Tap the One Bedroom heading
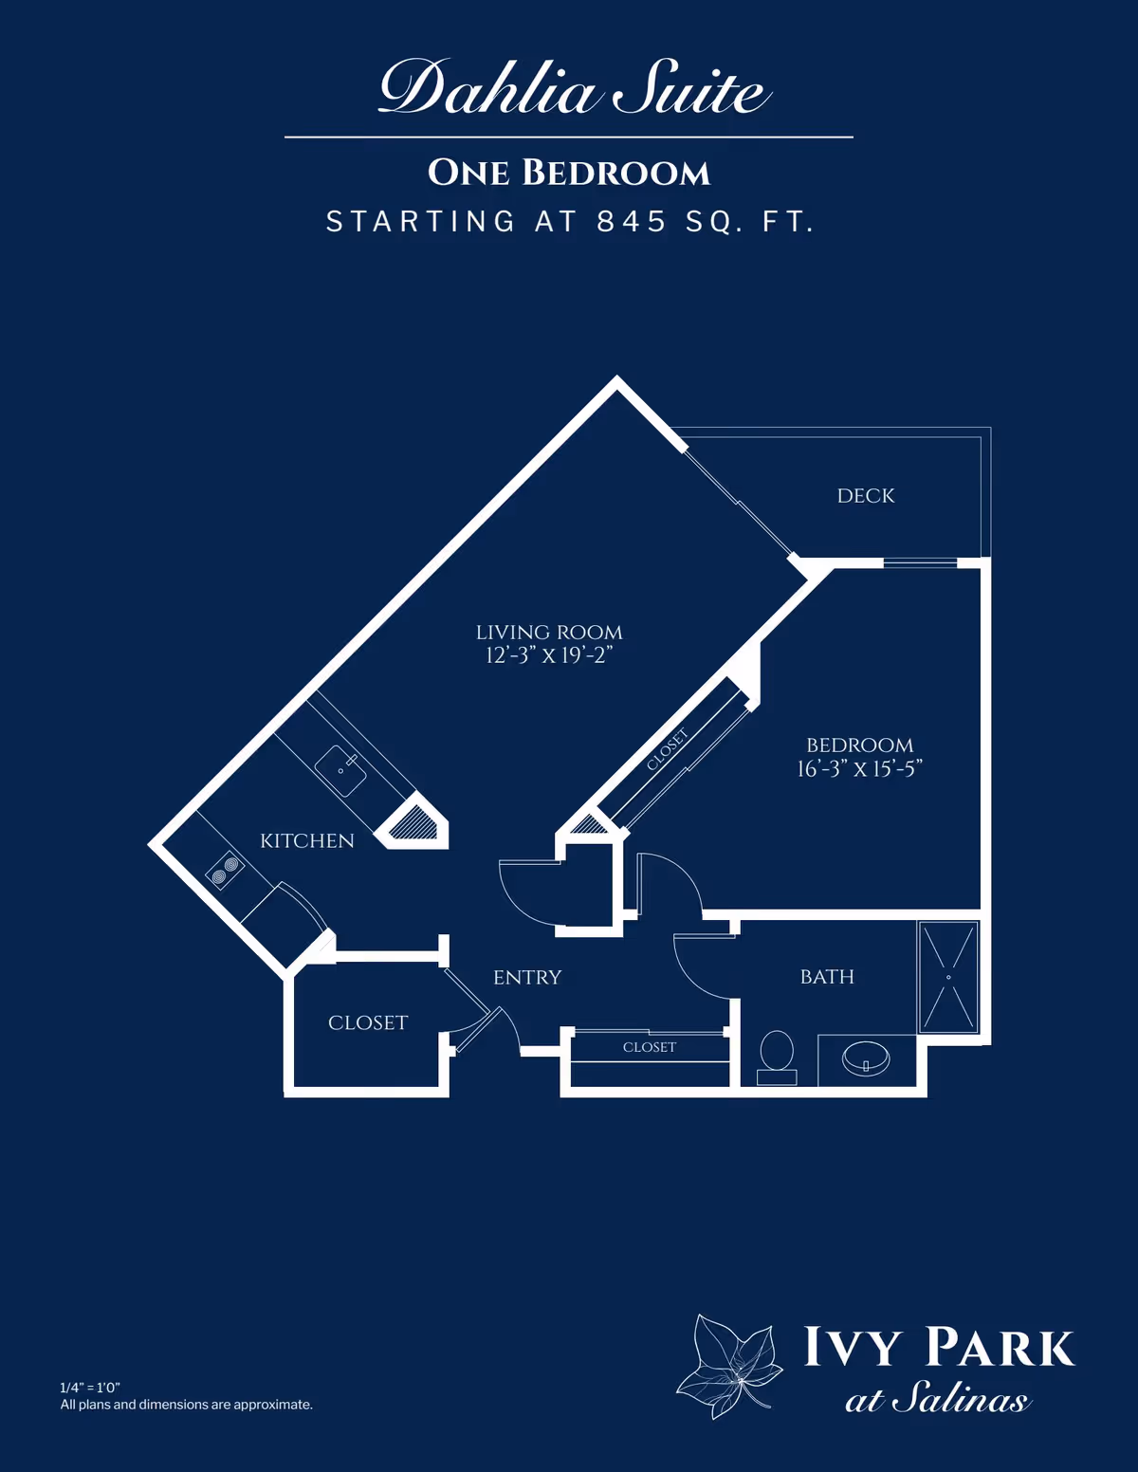click(569, 173)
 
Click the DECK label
click(866, 496)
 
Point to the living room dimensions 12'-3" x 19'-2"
click(549, 655)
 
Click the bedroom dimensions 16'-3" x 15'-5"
click(859, 769)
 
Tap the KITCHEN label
click(307, 841)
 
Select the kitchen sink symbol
click(340, 770)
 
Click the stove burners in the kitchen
click(225, 871)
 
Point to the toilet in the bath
click(777, 1053)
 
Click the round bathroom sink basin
click(865, 1058)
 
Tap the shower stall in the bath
click(948, 977)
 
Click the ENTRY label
click(527, 978)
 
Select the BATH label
click(827, 977)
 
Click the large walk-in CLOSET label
click(368, 1023)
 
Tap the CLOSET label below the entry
click(650, 1047)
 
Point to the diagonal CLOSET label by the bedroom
click(668, 749)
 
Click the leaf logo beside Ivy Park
click(728, 1366)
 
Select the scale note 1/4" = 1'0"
click(90, 1388)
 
